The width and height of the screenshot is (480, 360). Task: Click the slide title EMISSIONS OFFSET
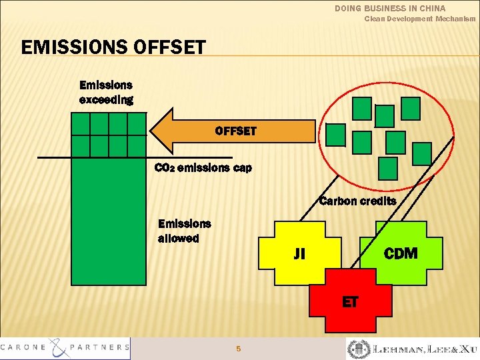(113, 47)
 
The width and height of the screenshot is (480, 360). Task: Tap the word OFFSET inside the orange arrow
(235, 131)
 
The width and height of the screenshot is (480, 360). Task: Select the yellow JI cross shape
(299, 254)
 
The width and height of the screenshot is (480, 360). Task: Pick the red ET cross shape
(350, 302)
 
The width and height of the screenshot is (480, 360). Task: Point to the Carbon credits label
(357, 201)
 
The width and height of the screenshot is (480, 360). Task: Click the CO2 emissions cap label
(203, 168)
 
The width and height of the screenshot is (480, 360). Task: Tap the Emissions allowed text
(184, 231)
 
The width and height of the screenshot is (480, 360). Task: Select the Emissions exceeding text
(106, 93)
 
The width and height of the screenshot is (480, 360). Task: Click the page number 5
(239, 349)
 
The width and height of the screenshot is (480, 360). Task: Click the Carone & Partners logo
(65, 347)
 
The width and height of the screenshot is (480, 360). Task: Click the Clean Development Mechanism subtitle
(419, 19)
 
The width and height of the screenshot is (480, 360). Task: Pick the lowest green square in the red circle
(387, 168)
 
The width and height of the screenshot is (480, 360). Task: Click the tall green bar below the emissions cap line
(108, 220)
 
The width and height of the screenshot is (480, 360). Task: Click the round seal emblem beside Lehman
(356, 349)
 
